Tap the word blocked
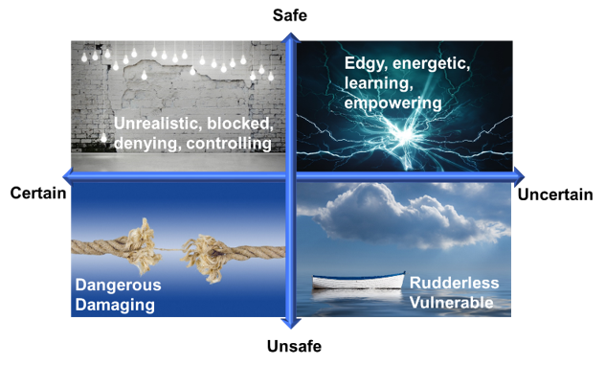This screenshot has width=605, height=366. click(x=239, y=124)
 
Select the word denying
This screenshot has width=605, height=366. click(x=147, y=144)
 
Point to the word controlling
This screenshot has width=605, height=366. click(x=229, y=144)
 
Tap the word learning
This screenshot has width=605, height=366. click(x=376, y=82)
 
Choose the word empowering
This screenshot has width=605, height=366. click(x=393, y=102)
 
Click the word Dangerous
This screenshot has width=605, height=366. click(x=119, y=285)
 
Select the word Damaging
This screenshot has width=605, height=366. click(x=115, y=305)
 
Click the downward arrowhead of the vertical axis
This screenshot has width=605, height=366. click(x=291, y=323)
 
